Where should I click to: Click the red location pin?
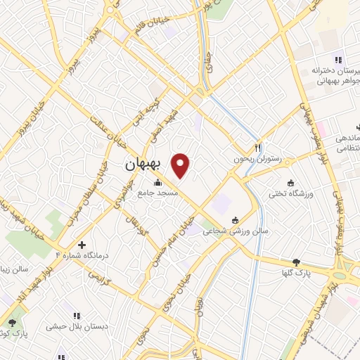click(x=181, y=165)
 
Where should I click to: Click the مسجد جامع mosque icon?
click(x=156, y=184)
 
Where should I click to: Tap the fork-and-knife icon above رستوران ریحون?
click(x=258, y=148)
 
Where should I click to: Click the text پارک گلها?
click(x=296, y=272)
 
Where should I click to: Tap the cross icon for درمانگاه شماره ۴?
click(x=83, y=245)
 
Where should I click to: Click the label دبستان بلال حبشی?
click(x=76, y=326)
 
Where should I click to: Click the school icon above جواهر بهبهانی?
click(x=338, y=60)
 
